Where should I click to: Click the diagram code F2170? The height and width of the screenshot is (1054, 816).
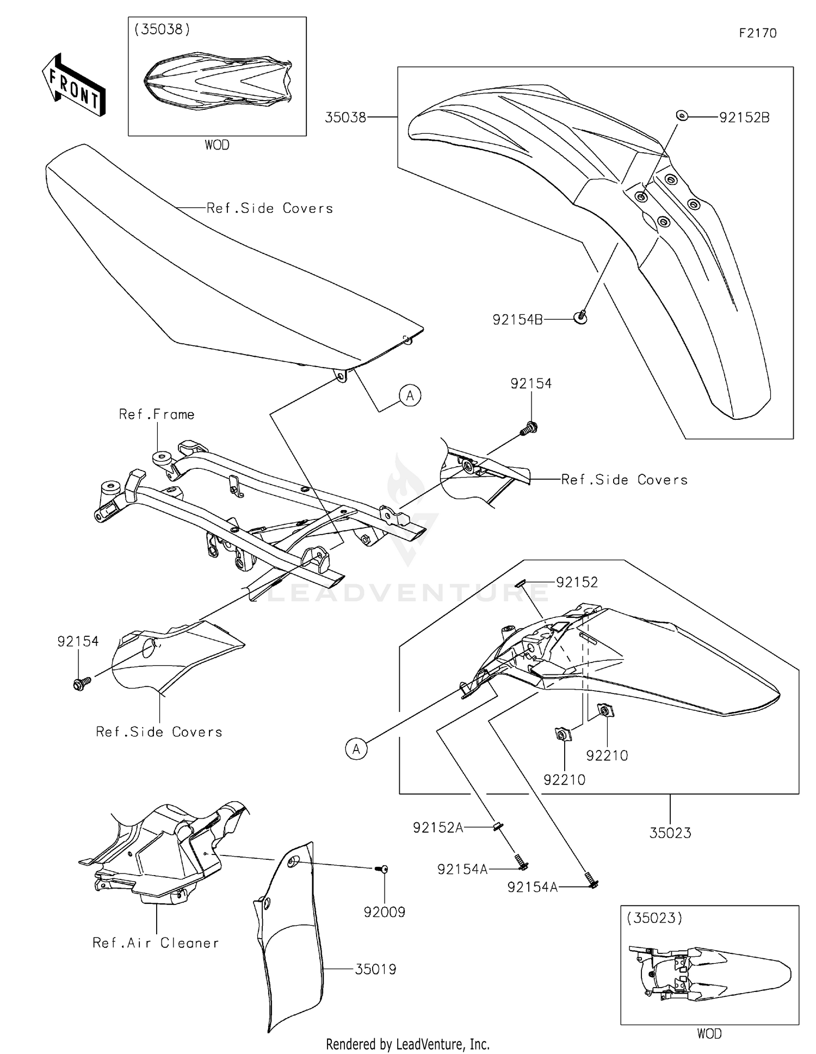click(757, 33)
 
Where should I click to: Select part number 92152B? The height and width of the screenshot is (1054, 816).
click(744, 117)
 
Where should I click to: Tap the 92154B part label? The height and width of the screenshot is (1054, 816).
click(517, 320)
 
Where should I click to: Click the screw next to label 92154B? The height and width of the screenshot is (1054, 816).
click(581, 317)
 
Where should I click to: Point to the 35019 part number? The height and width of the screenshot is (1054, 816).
click(375, 969)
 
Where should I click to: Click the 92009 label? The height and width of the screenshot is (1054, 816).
click(385, 912)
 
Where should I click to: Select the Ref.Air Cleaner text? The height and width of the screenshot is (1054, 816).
click(156, 943)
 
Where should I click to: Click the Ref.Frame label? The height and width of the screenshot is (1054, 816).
click(157, 414)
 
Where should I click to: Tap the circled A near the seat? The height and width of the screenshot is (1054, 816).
click(410, 395)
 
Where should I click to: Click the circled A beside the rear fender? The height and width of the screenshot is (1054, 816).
click(356, 749)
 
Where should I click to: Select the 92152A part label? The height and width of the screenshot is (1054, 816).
click(438, 828)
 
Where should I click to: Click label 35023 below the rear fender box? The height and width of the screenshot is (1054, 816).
click(670, 833)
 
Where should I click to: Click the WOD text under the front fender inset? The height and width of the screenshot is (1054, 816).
click(217, 145)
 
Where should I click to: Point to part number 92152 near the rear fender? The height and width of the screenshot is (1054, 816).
click(577, 582)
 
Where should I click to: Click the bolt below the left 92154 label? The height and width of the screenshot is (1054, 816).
click(79, 684)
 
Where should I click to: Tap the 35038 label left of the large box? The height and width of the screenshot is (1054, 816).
click(345, 117)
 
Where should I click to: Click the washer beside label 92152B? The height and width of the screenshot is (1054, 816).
click(681, 115)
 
